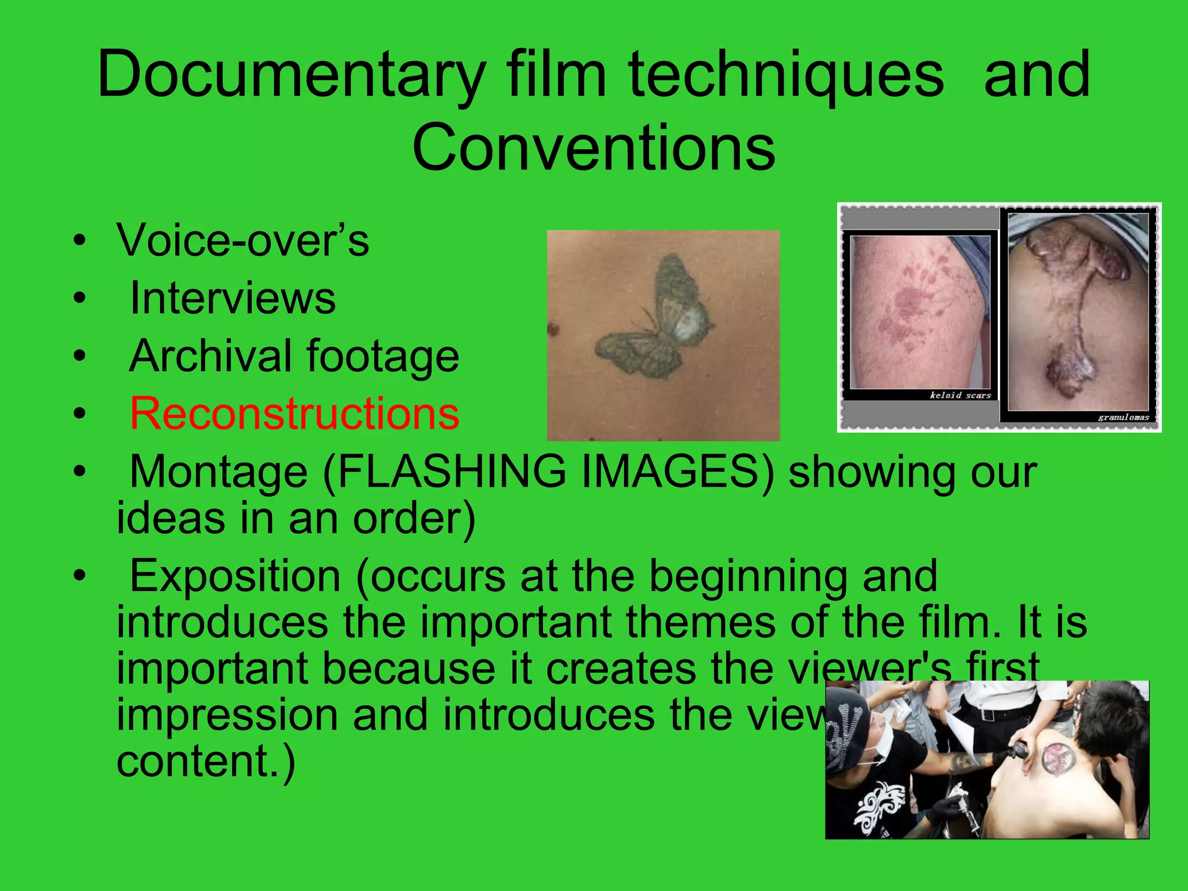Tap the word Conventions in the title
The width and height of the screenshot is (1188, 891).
click(x=593, y=148)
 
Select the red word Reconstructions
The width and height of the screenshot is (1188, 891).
click(x=294, y=414)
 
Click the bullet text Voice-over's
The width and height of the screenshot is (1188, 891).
click(x=242, y=240)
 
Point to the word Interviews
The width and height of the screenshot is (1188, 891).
click(x=233, y=298)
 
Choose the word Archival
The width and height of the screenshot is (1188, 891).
click(x=210, y=356)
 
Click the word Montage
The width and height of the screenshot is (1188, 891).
click(x=218, y=472)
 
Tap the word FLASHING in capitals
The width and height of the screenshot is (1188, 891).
click(x=451, y=472)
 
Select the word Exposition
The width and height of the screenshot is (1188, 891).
click(x=235, y=576)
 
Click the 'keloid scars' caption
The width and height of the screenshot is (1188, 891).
click(x=960, y=395)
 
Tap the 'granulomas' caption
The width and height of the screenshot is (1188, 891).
click(x=1123, y=417)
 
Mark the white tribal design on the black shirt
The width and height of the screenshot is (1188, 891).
click(x=879, y=803)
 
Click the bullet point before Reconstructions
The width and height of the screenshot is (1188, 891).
click(x=79, y=414)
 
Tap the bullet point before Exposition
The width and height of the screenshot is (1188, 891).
click(x=79, y=577)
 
